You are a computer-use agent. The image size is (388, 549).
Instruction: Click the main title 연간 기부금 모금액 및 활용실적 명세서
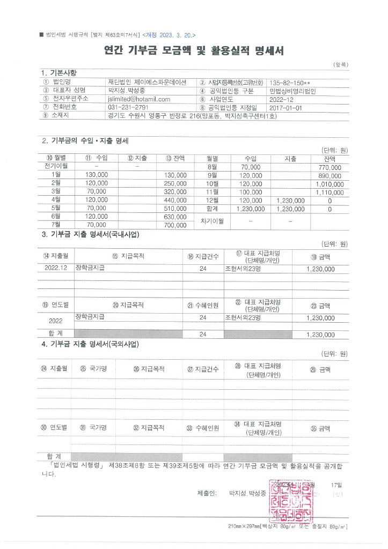point(194,51)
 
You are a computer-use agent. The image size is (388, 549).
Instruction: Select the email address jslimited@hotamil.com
point(138,99)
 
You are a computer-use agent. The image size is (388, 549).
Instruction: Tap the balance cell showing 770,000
point(330,167)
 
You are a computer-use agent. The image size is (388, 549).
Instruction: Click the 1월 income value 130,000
point(97,175)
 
